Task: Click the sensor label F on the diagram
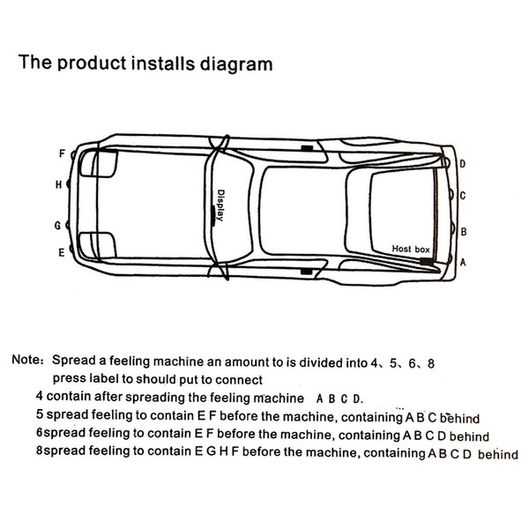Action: pyautogui.click(x=62, y=153)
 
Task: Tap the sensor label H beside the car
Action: pyautogui.click(x=59, y=184)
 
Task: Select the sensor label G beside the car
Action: pyautogui.click(x=57, y=226)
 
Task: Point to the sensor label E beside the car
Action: pyautogui.click(x=61, y=252)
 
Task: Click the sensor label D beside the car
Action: pyautogui.click(x=463, y=164)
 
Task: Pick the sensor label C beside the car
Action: pyautogui.click(x=463, y=196)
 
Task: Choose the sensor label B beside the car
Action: pyautogui.click(x=464, y=232)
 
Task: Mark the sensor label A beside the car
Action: pyautogui.click(x=463, y=262)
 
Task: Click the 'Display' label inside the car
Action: pyautogui.click(x=220, y=205)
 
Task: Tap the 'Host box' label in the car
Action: pyautogui.click(x=411, y=250)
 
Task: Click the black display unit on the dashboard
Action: pyautogui.click(x=213, y=215)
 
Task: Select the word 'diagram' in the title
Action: pyautogui.click(x=236, y=64)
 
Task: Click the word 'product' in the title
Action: pyautogui.click(x=92, y=63)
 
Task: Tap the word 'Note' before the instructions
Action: pyautogui.click(x=26, y=360)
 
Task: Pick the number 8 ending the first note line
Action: pyautogui.click(x=431, y=363)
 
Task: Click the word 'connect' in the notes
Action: pyautogui.click(x=239, y=380)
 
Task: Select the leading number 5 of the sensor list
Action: pyautogui.click(x=40, y=414)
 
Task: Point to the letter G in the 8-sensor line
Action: pyautogui.click(x=211, y=451)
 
